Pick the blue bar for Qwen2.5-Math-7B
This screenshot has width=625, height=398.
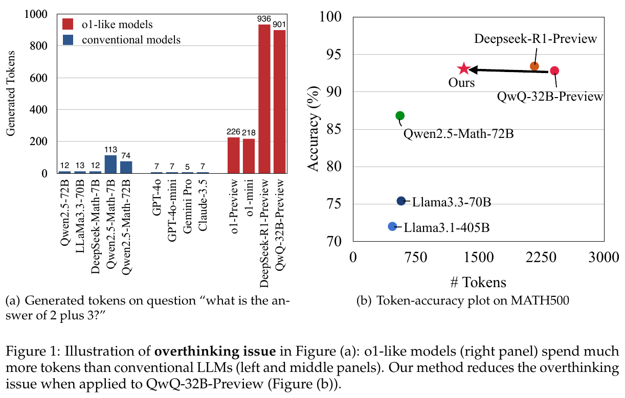[110, 164]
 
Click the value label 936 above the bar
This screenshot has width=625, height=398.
[264, 19]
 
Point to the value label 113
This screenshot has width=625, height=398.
[110, 150]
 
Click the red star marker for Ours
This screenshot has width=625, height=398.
[463, 68]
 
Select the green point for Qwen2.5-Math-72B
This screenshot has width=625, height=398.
[400, 116]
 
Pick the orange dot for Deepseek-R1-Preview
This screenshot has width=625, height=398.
[534, 66]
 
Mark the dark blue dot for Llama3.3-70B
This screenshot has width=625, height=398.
[401, 201]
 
